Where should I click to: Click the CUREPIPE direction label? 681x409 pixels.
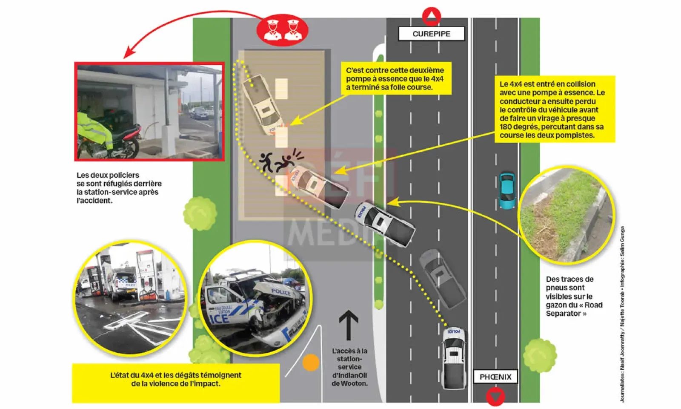point(431,34)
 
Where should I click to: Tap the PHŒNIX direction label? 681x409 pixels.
point(495,377)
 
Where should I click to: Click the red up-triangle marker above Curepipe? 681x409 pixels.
point(431,17)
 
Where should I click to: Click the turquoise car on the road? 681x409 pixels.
point(506,190)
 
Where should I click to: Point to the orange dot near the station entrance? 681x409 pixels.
point(311,363)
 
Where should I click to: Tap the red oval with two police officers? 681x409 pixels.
point(282,30)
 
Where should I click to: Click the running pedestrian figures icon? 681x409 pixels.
point(277,161)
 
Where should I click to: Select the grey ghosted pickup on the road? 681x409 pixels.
point(442,279)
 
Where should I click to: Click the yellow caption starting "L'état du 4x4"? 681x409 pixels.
point(176,379)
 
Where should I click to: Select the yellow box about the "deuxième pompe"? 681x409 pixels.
point(395,79)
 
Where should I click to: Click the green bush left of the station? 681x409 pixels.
point(200,213)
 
